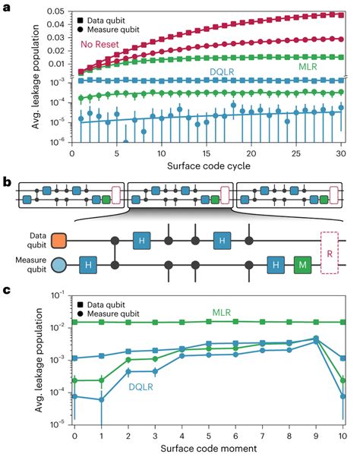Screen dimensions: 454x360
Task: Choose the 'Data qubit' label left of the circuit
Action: pyautogui.click(x=33, y=239)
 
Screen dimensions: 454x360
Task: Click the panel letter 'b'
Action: pyautogui.click(x=7, y=184)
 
